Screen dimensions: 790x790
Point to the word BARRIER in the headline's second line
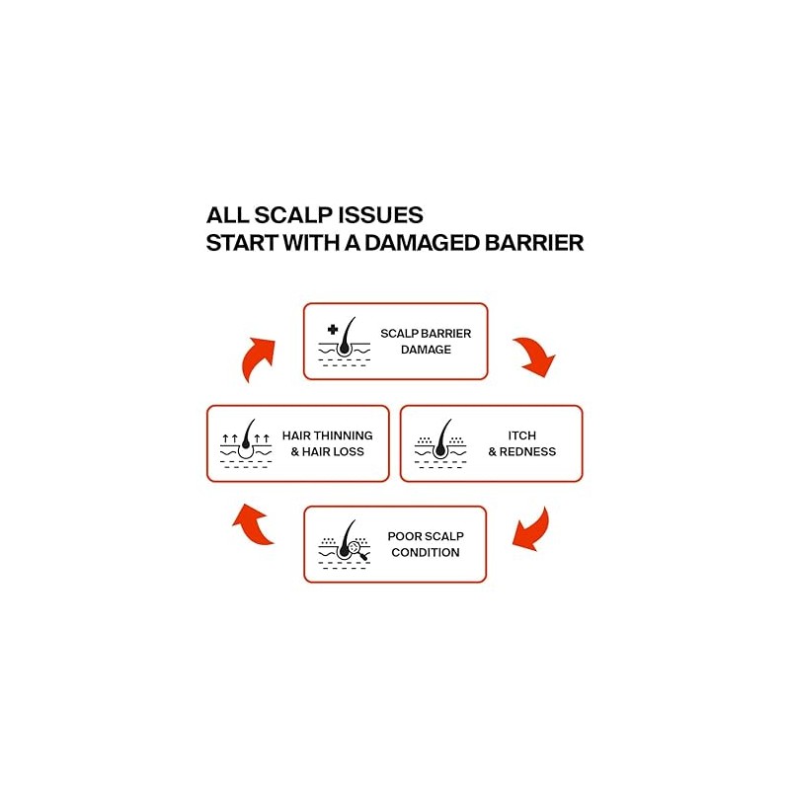[x=534, y=243]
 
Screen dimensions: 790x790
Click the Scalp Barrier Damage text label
[x=426, y=341]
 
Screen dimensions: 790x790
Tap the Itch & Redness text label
[x=522, y=443]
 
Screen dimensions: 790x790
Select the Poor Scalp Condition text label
[x=426, y=544]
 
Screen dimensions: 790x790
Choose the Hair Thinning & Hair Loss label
[x=328, y=443]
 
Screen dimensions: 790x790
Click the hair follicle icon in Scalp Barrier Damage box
[x=345, y=342]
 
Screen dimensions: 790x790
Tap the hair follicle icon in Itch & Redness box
[x=440, y=443]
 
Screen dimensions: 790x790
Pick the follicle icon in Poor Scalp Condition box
[x=345, y=544]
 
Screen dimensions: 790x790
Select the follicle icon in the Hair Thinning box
[x=246, y=443]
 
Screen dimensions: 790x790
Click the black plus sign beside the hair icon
[x=333, y=330]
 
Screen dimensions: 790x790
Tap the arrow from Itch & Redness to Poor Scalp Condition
[x=534, y=531]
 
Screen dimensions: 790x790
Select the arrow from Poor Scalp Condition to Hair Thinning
[x=256, y=524]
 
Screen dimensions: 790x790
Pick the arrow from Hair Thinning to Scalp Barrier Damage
[x=257, y=356]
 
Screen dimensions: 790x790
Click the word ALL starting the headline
[x=227, y=215]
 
